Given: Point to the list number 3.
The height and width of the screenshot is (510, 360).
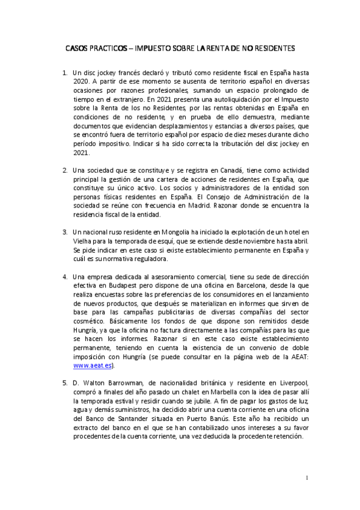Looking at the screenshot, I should click(65, 232).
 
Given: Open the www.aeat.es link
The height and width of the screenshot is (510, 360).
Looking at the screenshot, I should click(93, 365).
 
